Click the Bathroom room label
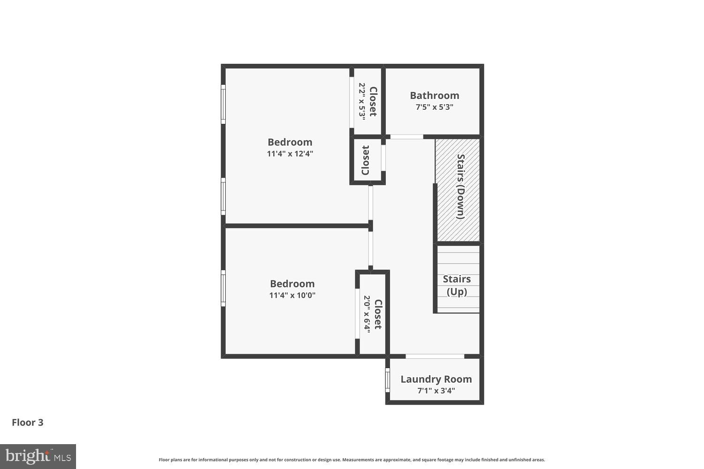(x=434, y=96)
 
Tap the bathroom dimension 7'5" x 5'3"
(x=434, y=107)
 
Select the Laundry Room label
(x=436, y=379)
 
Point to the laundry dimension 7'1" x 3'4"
(x=436, y=391)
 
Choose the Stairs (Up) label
(x=457, y=285)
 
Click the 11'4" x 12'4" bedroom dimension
(x=290, y=154)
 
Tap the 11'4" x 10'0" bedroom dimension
(x=292, y=295)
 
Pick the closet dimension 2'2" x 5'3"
(x=362, y=102)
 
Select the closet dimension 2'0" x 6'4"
(x=367, y=314)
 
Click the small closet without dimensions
(x=366, y=160)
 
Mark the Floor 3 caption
(x=28, y=423)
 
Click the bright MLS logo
(x=38, y=456)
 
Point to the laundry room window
(x=388, y=379)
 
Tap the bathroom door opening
(x=406, y=137)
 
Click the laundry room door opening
(x=435, y=356)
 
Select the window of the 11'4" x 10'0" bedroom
(x=223, y=288)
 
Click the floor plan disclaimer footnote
(x=352, y=460)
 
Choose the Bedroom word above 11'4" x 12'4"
(x=290, y=142)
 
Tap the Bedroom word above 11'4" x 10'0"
(x=292, y=284)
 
